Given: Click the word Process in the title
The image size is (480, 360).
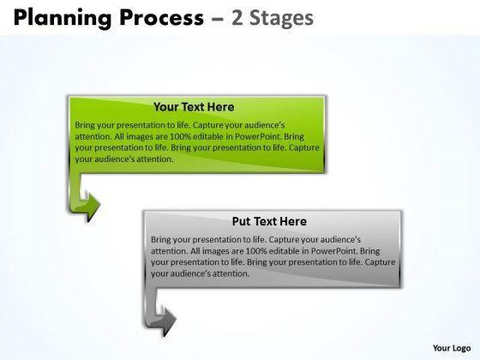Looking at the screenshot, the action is pyautogui.click(x=161, y=17).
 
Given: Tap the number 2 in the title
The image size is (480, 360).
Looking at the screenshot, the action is pyautogui.click(x=237, y=17).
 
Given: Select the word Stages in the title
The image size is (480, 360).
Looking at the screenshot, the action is pyautogui.click(x=281, y=19).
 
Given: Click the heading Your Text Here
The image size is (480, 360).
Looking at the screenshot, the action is pyautogui.click(x=194, y=107).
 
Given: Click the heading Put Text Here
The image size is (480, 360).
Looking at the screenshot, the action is pyautogui.click(x=269, y=221).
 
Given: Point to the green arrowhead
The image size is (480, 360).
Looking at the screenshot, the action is pyautogui.click(x=91, y=205).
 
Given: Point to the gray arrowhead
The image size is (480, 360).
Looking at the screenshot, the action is pyautogui.click(x=167, y=320).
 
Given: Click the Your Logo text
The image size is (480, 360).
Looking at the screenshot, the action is pyautogui.click(x=452, y=348).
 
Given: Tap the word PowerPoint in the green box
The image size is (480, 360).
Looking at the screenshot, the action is pyautogui.click(x=257, y=136).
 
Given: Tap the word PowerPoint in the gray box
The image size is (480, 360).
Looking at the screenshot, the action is pyautogui.click(x=333, y=251).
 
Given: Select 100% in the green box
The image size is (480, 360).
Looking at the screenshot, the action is pyautogui.click(x=180, y=136).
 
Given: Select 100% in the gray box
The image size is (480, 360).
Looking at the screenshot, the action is pyautogui.click(x=256, y=251).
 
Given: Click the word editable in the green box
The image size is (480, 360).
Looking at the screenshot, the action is pyautogui.click(x=208, y=136).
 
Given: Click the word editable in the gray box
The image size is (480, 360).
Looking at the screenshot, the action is pyautogui.click(x=285, y=251).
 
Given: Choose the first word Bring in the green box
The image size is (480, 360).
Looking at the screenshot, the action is pyautogui.click(x=85, y=125).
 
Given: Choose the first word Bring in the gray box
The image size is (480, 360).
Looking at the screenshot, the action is pyautogui.click(x=161, y=240).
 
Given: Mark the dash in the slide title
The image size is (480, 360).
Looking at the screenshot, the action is pyautogui.click(x=218, y=18).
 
